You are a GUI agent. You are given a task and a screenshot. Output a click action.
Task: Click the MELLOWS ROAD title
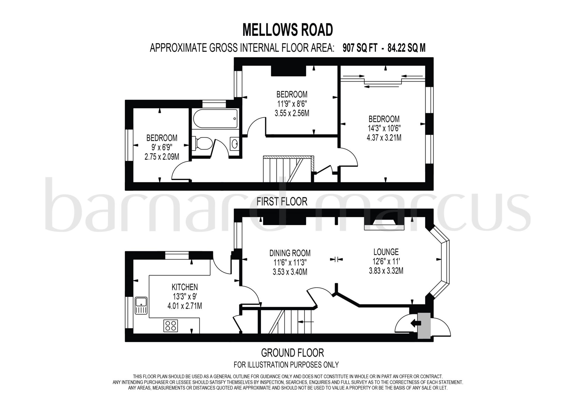[287, 30]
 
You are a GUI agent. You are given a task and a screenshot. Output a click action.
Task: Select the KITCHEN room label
[184, 287]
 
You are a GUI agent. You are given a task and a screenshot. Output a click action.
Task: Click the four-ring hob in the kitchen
[170, 326]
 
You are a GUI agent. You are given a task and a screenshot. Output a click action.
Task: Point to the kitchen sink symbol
[141, 305]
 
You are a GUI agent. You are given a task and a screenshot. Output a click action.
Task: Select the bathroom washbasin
[235, 144]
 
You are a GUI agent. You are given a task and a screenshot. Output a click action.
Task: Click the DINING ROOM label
[290, 253]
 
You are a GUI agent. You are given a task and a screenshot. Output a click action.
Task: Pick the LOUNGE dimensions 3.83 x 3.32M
[386, 271]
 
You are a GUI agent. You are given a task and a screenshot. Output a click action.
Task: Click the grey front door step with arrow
[424, 325]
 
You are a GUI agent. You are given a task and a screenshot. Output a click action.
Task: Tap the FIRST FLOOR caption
[282, 202]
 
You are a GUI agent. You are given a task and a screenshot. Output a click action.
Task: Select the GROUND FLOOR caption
[292, 352]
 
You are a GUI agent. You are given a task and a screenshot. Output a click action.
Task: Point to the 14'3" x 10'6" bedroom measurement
[384, 128]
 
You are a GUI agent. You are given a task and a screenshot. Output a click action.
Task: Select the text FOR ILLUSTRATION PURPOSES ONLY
[286, 365]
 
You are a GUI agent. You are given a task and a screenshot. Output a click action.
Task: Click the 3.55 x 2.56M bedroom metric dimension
[292, 113]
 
